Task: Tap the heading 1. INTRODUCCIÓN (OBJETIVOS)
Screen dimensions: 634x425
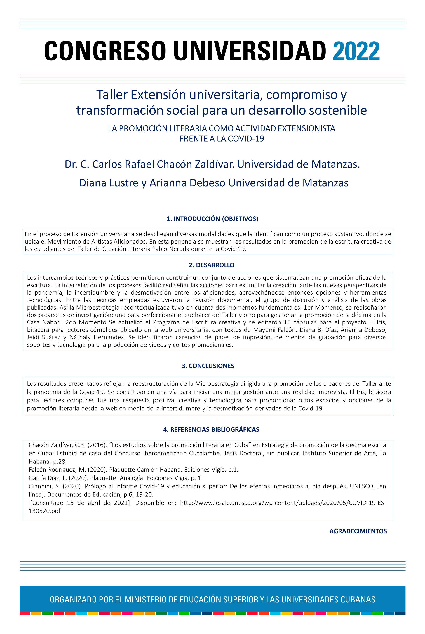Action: pyautogui.click(x=212, y=219)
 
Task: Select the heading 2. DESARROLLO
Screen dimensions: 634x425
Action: pyautogui.click(x=212, y=265)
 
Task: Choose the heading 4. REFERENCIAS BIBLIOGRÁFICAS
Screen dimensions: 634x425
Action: pyautogui.click(x=211, y=429)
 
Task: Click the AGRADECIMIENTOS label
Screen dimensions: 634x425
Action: pyautogui.click(x=358, y=531)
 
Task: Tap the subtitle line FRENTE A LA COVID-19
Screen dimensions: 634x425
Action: pyautogui.click(x=222, y=139)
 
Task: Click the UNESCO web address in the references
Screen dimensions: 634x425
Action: pyautogui.click(x=283, y=503)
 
